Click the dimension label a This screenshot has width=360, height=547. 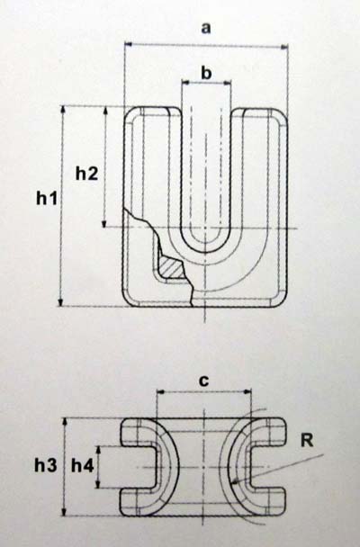[x=206, y=28]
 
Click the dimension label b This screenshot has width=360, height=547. [x=206, y=73]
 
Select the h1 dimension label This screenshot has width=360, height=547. [x=47, y=199]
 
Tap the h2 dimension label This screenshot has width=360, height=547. [x=87, y=174]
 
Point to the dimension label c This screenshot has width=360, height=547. [x=203, y=381]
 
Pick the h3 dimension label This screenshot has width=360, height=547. [x=45, y=465]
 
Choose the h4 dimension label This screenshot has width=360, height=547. [x=82, y=465]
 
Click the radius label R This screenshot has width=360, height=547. [x=307, y=441]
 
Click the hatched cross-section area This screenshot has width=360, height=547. [x=171, y=268]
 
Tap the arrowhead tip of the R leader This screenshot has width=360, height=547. [x=232, y=484]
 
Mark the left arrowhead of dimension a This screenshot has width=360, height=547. [x=125, y=44]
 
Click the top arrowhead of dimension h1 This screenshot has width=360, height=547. [x=63, y=106]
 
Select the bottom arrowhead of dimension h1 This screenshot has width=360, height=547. [x=60, y=306]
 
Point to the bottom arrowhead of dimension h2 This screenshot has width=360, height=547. [x=104, y=227]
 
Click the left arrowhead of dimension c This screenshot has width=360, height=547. [x=157, y=391]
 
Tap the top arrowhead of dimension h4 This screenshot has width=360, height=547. [x=99, y=447]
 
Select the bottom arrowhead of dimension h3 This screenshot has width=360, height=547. [x=64, y=516]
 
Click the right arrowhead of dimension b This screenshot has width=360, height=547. [x=231, y=83]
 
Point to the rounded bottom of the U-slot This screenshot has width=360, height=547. [x=205, y=252]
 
